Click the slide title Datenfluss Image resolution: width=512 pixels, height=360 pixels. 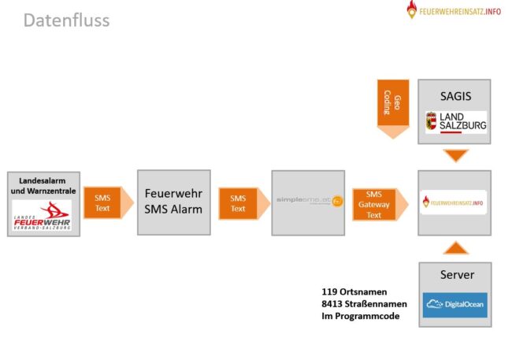[x=66, y=20]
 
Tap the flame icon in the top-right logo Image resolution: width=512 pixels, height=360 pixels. [x=412, y=10]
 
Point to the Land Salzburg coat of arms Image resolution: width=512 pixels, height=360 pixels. [x=431, y=122]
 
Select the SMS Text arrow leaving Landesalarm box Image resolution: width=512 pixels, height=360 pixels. [x=103, y=202]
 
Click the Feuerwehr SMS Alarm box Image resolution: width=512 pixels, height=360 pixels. [x=173, y=202]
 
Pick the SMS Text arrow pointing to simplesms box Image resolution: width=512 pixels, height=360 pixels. [x=239, y=202]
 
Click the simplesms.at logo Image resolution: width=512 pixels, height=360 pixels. [x=308, y=201]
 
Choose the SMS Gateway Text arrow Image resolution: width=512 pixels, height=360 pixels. [x=377, y=203]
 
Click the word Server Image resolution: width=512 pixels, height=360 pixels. [x=456, y=275]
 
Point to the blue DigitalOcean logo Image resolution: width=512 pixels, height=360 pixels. [x=455, y=304]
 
